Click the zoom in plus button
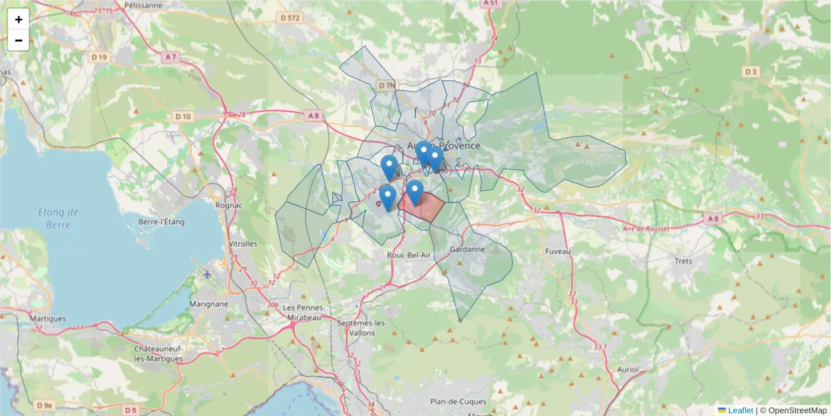pyautogui.click(x=19, y=19)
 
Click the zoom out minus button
pyautogui.click(x=19, y=40)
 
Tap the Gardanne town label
pyautogui.click(x=467, y=249)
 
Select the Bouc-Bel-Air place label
pyautogui.click(x=409, y=255)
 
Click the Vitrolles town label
pyautogui.click(x=242, y=244)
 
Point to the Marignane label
pyautogui.click(x=207, y=304)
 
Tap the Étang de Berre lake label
pyautogui.click(x=58, y=218)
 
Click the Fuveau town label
pyautogui.click(x=557, y=251)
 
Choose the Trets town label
pyautogui.click(x=683, y=261)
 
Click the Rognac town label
pyautogui.click(x=229, y=205)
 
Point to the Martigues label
pyautogui.click(x=48, y=318)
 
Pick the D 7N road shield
pyautogui.click(x=386, y=85)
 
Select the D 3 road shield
pyautogui.click(x=751, y=71)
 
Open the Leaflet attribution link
pyautogui.click(x=740, y=410)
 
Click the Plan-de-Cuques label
pyautogui.click(x=458, y=401)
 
